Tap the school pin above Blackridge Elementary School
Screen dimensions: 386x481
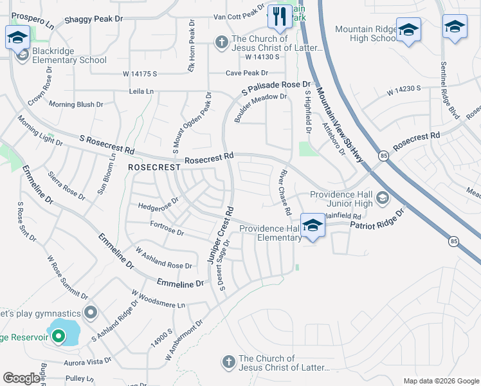[17, 37]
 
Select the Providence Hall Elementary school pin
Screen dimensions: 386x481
[313, 226]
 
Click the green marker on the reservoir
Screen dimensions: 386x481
[58, 335]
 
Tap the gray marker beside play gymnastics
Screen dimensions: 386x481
[91, 313]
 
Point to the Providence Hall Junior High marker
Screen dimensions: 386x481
[383, 197]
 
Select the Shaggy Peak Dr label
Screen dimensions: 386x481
[93, 19]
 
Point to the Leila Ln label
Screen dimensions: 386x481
[141, 92]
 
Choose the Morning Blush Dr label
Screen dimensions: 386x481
[76, 104]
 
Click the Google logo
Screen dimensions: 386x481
[22, 378]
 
